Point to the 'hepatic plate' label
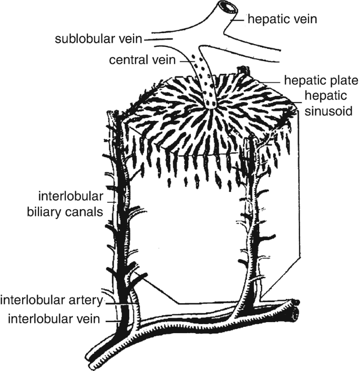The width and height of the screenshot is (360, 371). click(321, 81)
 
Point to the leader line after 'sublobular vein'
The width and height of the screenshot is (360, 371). click(158, 39)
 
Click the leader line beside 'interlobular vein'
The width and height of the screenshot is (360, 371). click(113, 320)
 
